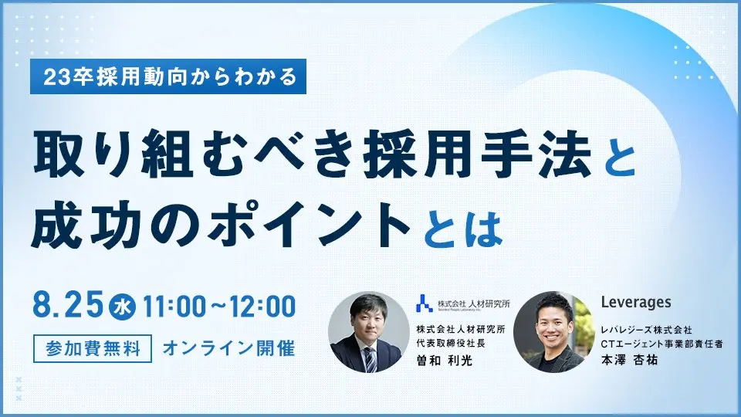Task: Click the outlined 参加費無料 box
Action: [91, 347]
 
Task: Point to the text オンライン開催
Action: [228, 347]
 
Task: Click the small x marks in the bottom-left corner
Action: [19, 389]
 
